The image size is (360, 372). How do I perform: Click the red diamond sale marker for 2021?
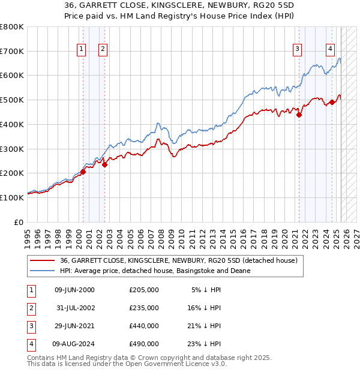[x=299, y=115]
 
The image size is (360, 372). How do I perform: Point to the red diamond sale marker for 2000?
[x=83, y=172]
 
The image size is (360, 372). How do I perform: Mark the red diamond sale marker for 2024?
[x=332, y=103]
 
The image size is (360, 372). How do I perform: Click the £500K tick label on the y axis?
[x=11, y=100]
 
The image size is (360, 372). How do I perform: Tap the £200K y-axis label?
[x=11, y=173]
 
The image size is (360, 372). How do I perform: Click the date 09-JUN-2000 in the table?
[x=74, y=290]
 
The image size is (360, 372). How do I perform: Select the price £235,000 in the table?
[x=144, y=308]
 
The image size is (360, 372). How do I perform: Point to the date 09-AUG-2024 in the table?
[x=75, y=344]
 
